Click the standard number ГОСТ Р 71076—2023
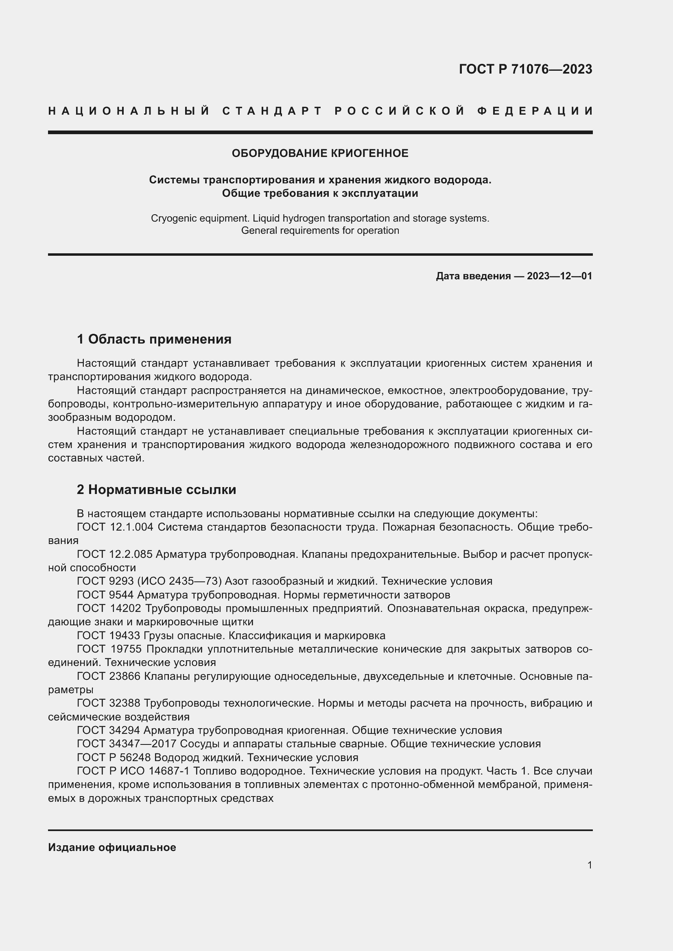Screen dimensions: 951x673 (525, 69)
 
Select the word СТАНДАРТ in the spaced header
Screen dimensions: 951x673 (272, 111)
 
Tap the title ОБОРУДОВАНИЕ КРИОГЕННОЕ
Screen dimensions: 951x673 (320, 154)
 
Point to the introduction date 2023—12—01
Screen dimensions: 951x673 (559, 276)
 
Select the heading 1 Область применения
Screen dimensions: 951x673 (154, 339)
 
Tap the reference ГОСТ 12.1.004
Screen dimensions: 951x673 (115, 527)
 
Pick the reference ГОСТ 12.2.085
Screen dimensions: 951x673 (115, 555)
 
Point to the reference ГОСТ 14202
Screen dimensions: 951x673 (109, 609)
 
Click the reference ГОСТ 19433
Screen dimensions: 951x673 (109, 636)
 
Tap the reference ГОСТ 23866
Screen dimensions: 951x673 (109, 677)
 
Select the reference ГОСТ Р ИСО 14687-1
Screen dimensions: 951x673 (133, 771)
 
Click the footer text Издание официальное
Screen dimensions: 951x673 (112, 847)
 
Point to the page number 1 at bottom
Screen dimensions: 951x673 (589, 865)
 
